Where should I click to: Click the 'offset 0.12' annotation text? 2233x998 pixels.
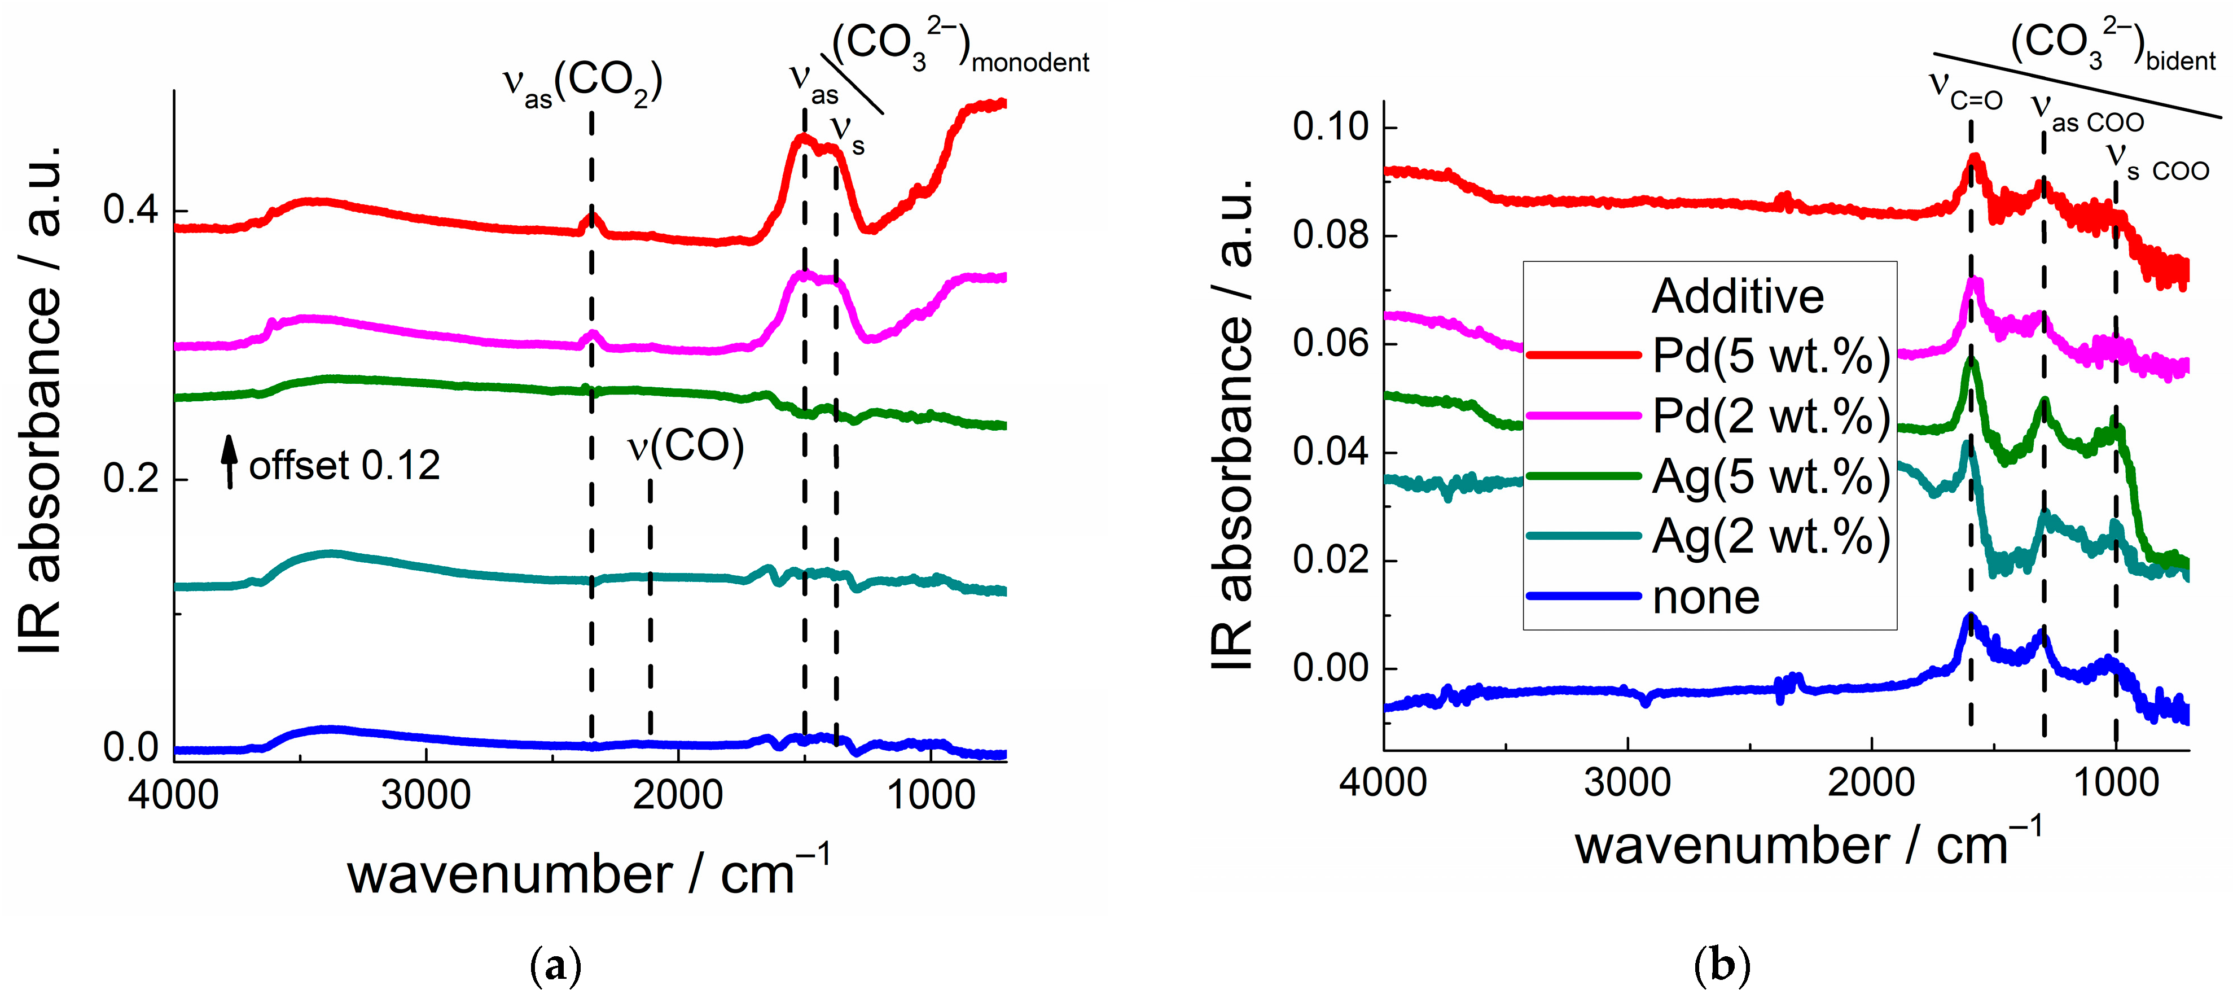point(344,466)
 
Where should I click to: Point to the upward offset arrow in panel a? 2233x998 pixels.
point(229,461)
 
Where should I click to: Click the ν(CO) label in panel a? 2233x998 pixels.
point(686,447)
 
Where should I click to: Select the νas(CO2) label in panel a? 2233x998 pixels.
point(582,84)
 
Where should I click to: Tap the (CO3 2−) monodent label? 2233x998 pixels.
point(958,47)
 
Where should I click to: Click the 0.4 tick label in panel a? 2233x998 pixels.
point(131,210)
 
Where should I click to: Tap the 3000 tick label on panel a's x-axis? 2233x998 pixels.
point(425,794)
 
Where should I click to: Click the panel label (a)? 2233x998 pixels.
point(555,965)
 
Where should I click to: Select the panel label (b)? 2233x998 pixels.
point(1722,965)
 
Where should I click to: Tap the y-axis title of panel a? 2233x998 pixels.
point(42,399)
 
